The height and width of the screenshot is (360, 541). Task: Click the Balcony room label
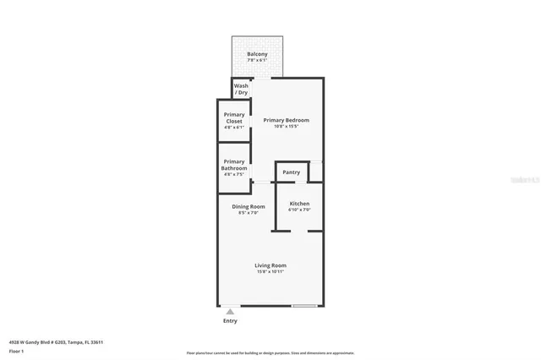257,54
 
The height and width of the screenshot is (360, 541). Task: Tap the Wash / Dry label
241,89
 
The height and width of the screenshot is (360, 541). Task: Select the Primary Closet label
234,117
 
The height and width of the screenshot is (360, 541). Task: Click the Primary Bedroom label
286,120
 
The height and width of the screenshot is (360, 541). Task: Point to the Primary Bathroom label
234,165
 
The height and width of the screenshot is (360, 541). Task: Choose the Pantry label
291,172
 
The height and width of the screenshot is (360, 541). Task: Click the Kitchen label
299,204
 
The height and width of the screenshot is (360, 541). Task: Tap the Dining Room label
249,206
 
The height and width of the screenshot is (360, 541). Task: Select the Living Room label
270,265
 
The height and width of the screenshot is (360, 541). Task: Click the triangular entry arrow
230,312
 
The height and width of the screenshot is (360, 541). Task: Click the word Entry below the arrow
230,321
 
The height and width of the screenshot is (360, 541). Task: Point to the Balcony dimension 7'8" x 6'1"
257,61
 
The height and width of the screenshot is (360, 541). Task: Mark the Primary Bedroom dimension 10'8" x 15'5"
286,128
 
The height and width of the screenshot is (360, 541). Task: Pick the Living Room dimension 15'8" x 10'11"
270,272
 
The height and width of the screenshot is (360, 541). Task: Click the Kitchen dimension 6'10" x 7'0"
299,210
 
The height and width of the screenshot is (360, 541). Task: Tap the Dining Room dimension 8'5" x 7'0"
249,213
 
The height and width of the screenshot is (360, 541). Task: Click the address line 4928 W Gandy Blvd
55,342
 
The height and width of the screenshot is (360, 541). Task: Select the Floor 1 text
17,351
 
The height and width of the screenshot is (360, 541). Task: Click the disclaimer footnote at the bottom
270,353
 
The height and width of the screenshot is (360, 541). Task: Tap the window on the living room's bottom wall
304,305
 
